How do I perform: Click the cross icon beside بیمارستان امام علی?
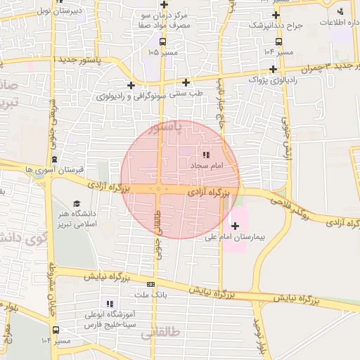coord(235,226)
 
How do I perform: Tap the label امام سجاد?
coord(207,165)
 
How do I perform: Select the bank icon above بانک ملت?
coord(150,284)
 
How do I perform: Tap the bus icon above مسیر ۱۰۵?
coord(163,41)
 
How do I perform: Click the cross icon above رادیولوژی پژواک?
coord(273,69)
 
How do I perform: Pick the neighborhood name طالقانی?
coord(162,330)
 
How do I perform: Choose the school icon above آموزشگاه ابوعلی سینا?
coord(109,304)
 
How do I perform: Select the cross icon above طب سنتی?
coord(186,82)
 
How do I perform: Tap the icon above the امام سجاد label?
coord(206,154)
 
